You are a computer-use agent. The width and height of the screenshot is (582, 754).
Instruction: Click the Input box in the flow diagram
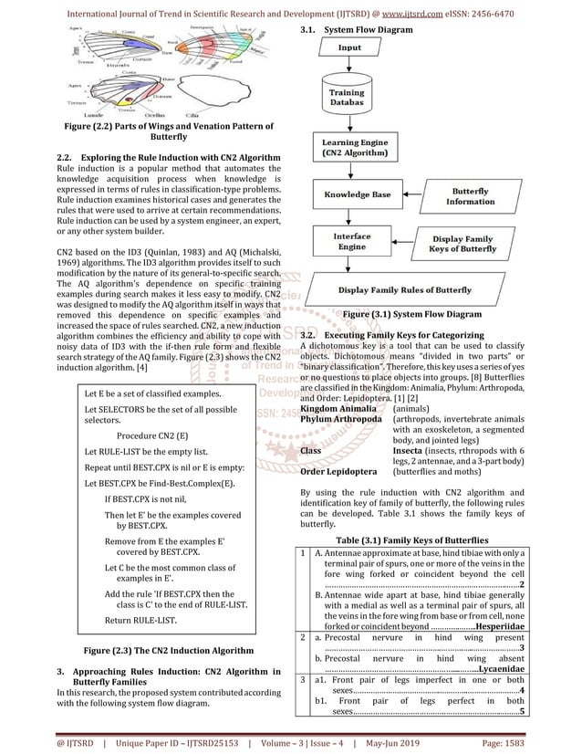click(349, 47)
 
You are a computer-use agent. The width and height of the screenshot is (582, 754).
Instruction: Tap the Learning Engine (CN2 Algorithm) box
click(349, 149)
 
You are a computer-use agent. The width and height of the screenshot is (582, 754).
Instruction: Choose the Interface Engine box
click(351, 242)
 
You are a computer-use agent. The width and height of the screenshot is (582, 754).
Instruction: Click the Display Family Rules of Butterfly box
click(405, 290)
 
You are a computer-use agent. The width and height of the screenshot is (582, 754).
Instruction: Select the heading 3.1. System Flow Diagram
click(354, 30)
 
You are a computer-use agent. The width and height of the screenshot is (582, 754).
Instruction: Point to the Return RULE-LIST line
click(140, 620)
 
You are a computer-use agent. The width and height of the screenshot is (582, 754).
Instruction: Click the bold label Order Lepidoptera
click(338, 472)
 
